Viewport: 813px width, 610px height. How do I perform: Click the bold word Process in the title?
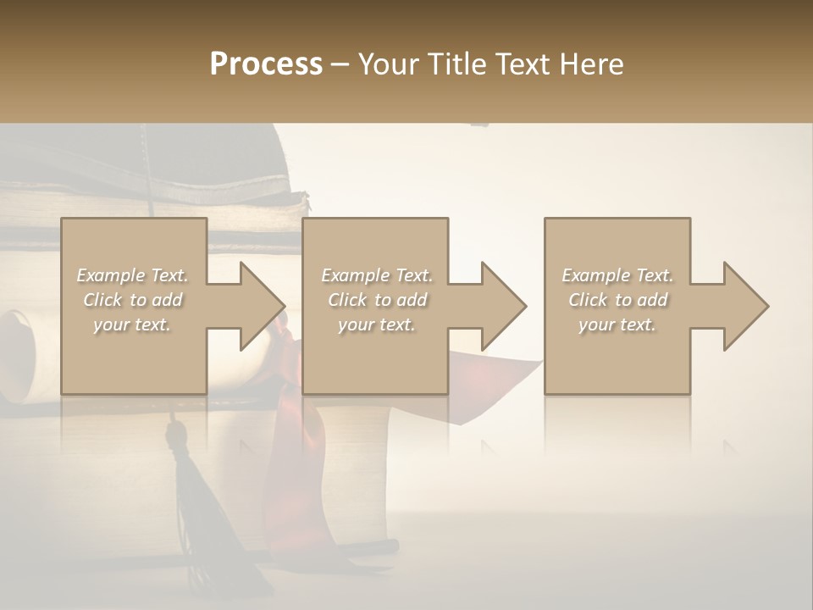266,64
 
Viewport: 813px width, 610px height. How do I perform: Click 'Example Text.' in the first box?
132,275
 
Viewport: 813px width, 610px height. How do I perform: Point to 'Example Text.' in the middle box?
377,275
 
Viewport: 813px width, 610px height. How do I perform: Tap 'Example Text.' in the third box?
617,275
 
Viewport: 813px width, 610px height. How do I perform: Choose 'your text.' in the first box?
132,324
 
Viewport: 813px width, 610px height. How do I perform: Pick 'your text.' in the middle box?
377,324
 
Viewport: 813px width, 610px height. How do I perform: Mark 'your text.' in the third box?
617,324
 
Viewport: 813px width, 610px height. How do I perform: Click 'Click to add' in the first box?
132,300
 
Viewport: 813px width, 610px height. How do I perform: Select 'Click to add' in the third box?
617,300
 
